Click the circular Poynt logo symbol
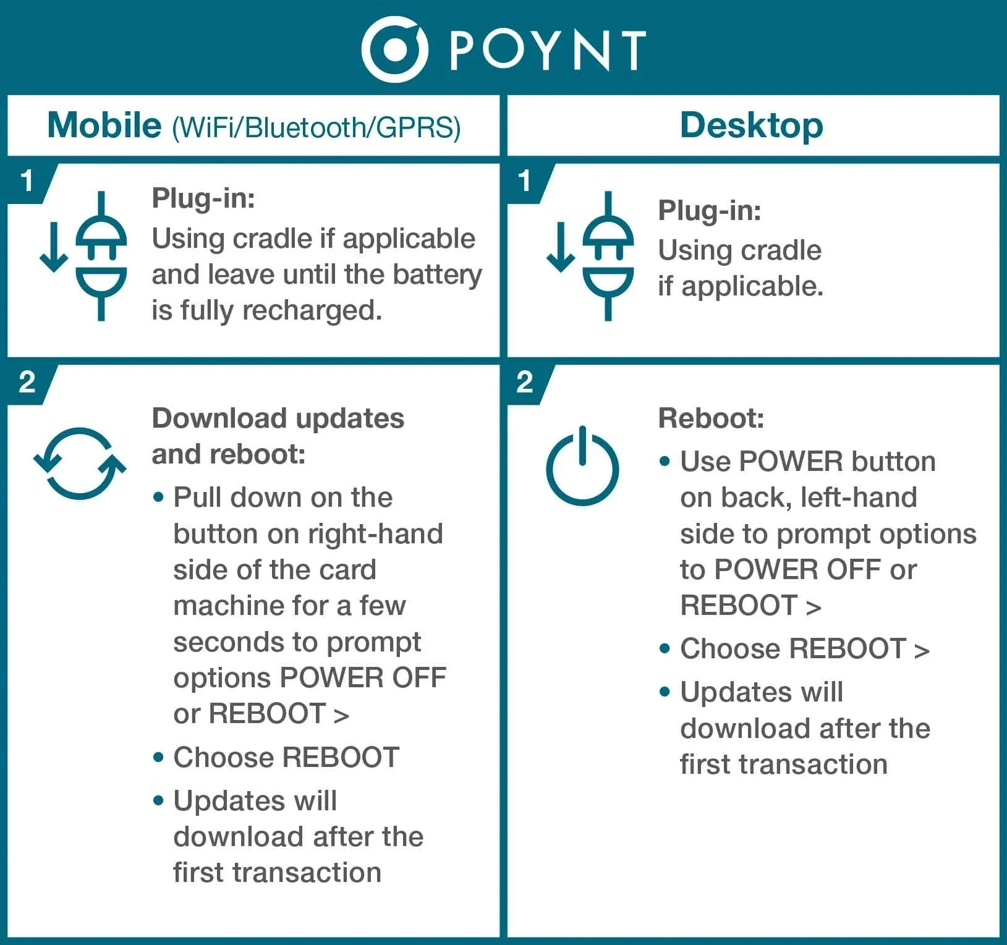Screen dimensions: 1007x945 (394, 49)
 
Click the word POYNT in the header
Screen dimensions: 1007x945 (548, 51)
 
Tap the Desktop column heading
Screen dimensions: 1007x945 (751, 126)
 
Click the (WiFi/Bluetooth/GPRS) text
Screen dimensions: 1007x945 (317, 127)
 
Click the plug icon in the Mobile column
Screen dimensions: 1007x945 (101, 256)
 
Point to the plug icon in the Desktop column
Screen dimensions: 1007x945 (608, 256)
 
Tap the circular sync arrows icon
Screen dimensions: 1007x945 (80, 463)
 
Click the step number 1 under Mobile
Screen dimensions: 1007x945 (27, 182)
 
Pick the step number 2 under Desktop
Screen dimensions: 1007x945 (524, 383)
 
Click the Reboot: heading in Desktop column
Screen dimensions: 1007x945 (711, 418)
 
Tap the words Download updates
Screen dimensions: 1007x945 (278, 419)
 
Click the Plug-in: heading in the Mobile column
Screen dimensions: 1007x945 (203, 199)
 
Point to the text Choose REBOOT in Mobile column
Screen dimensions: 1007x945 (286, 758)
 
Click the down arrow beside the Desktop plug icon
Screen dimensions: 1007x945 (561, 247)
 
